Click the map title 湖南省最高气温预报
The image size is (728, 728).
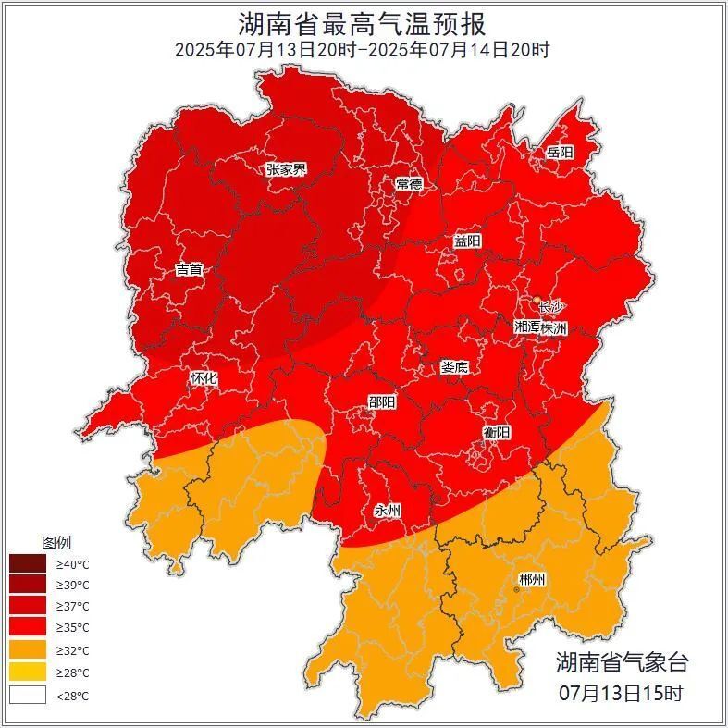(x=363, y=22)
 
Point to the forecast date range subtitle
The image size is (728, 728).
(x=363, y=49)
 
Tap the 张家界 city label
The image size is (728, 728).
(x=286, y=169)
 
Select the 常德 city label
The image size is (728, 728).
(x=408, y=184)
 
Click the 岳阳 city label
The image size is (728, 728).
(x=560, y=153)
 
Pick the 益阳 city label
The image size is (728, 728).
(x=467, y=241)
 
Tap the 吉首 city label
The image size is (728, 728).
(x=189, y=270)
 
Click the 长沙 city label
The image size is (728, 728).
(x=550, y=307)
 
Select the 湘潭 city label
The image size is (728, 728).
(x=528, y=327)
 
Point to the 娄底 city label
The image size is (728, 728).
(x=454, y=367)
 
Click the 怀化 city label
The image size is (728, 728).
(x=204, y=378)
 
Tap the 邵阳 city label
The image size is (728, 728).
(x=381, y=402)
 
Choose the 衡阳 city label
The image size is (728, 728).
(x=497, y=432)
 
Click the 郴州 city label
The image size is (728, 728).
(x=532, y=580)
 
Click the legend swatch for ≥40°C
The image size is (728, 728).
(x=28, y=563)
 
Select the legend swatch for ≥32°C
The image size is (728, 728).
(x=28, y=651)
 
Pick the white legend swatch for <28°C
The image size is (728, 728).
(x=28, y=695)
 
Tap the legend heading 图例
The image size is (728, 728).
(x=56, y=542)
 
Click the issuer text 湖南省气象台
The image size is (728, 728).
(x=622, y=662)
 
